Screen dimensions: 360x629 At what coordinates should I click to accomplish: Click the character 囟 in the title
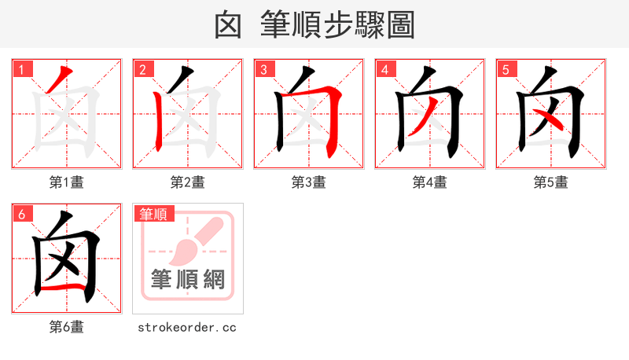click(227, 24)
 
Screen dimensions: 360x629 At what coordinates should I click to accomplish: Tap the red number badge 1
click(21, 69)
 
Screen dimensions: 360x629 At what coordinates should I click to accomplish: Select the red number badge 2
click(142, 69)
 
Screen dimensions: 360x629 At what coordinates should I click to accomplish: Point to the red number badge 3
click(263, 69)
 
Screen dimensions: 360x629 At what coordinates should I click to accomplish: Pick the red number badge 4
click(384, 69)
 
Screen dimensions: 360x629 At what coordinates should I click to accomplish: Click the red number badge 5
click(506, 69)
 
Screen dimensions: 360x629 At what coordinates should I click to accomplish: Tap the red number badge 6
click(21, 214)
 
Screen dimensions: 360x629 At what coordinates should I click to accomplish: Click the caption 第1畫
click(67, 182)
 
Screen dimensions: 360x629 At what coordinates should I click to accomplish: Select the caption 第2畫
click(188, 182)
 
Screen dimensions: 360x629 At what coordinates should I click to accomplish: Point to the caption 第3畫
click(309, 182)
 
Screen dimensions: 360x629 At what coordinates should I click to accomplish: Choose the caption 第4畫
click(430, 182)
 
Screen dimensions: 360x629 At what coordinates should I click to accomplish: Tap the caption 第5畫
click(551, 182)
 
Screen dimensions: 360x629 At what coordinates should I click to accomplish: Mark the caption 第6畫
click(67, 327)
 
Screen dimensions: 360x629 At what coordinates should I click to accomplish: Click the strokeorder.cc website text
click(188, 327)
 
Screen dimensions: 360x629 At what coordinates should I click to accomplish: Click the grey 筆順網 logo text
click(188, 279)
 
